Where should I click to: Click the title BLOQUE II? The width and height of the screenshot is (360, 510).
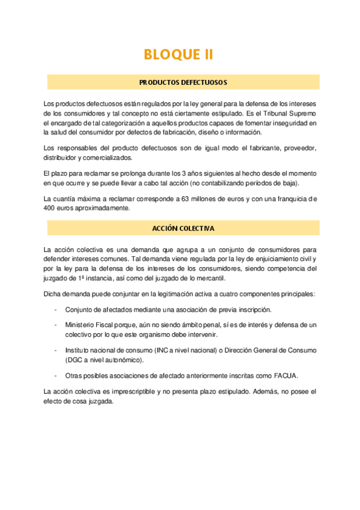(x=179, y=55)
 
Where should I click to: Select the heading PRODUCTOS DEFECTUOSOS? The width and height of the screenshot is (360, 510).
(x=183, y=82)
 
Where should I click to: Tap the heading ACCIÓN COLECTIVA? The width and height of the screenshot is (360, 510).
(x=183, y=229)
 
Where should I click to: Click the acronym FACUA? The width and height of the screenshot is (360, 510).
(x=285, y=376)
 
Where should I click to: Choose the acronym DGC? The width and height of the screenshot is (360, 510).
(x=79, y=360)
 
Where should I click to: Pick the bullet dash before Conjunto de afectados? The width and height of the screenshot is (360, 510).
(x=56, y=310)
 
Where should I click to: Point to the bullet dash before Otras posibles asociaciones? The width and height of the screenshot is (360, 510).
(x=56, y=376)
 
